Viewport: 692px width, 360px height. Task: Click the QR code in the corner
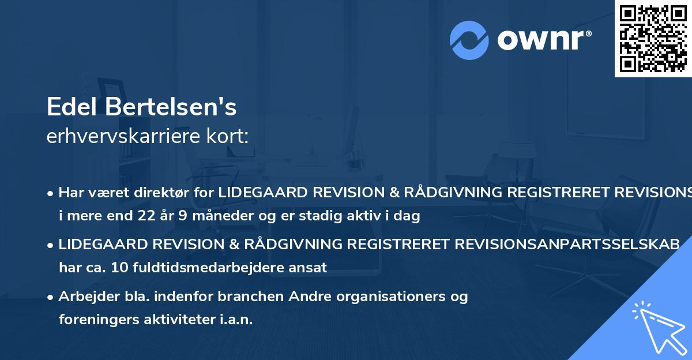click(x=653, y=39)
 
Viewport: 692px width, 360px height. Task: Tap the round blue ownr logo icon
click(x=469, y=40)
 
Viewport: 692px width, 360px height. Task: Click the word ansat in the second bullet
click(x=311, y=267)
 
